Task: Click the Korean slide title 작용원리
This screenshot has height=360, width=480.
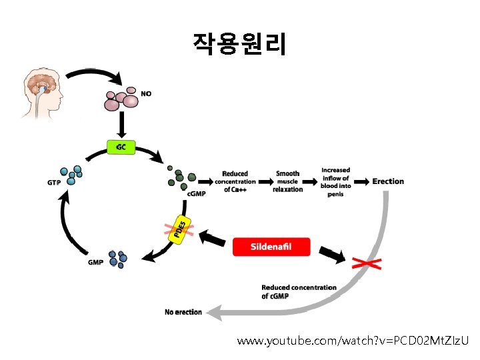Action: (x=239, y=43)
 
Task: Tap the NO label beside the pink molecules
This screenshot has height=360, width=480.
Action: (x=146, y=94)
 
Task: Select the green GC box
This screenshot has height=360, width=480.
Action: (x=121, y=147)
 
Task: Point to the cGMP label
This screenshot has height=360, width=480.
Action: (x=196, y=193)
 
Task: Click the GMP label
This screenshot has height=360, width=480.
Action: (x=96, y=262)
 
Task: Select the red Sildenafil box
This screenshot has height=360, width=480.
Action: (x=271, y=247)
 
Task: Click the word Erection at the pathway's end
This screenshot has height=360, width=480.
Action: (x=388, y=181)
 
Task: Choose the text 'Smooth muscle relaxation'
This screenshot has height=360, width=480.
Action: (x=288, y=181)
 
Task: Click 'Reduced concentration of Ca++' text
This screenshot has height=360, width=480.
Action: (x=235, y=181)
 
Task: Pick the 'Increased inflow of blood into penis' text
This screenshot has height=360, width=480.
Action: (x=335, y=181)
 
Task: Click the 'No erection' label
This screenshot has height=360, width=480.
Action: (x=183, y=312)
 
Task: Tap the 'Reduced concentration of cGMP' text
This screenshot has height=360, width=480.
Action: (x=299, y=291)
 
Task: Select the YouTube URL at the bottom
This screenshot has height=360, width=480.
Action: (x=353, y=341)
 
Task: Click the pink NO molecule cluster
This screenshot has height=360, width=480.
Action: (x=122, y=99)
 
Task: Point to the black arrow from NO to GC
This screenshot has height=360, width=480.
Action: (x=121, y=125)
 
